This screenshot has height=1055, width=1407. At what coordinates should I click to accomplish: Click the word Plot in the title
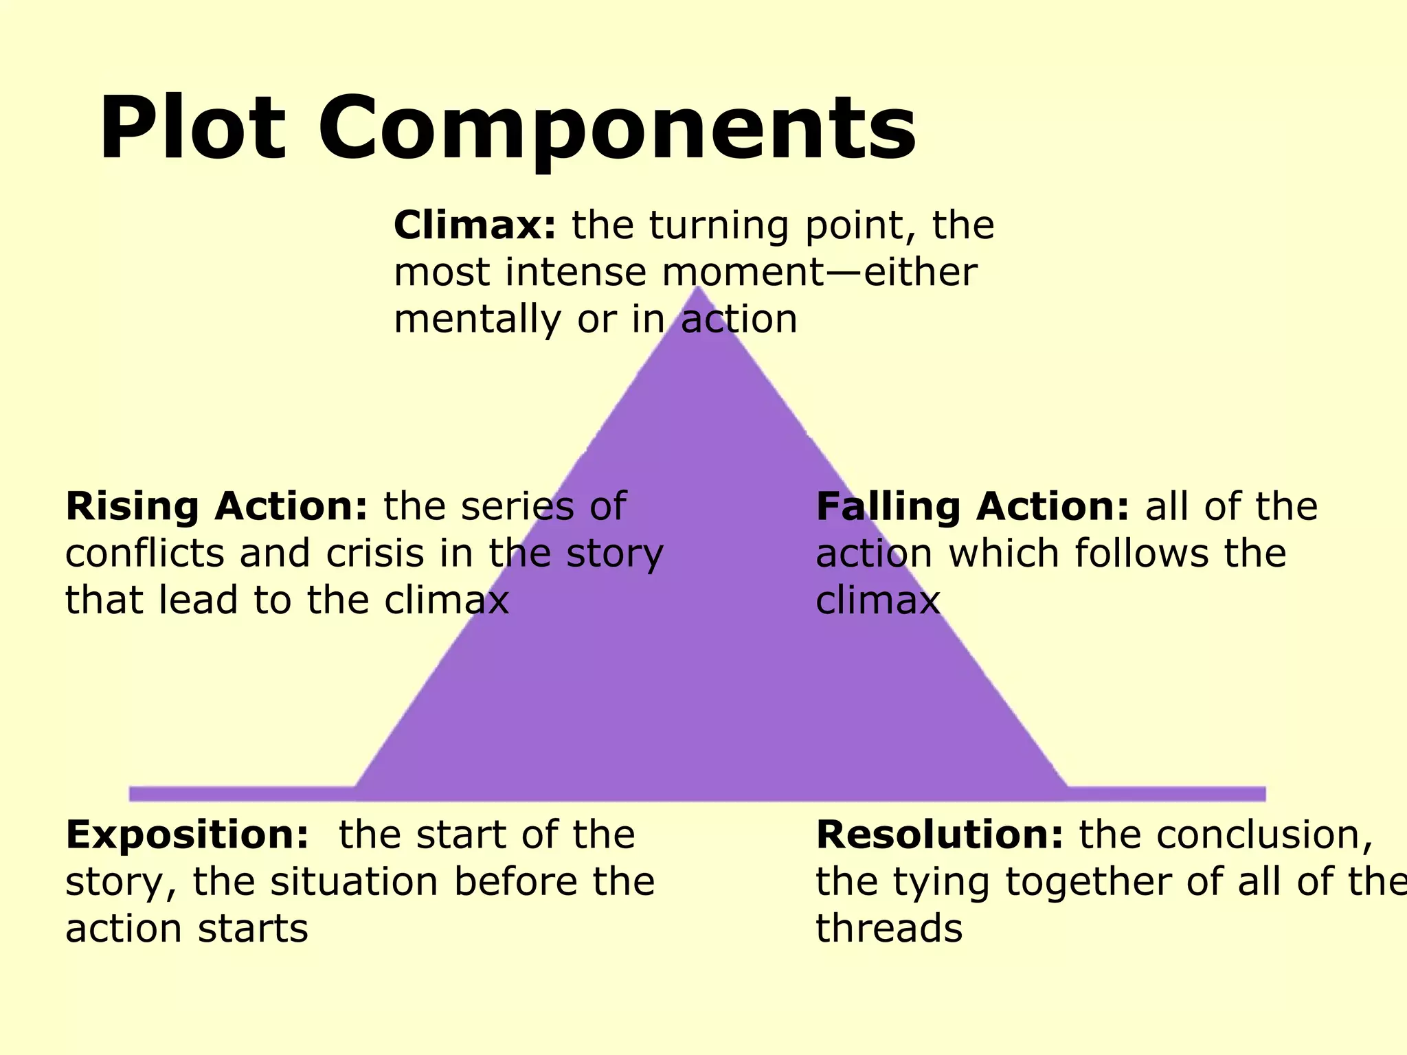pyautogui.click(x=192, y=129)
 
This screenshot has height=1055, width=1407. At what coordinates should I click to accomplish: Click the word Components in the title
pyautogui.click(x=616, y=131)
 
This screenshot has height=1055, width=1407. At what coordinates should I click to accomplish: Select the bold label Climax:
pyautogui.click(x=475, y=225)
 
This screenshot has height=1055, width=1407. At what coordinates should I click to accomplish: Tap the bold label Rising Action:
pyautogui.click(x=216, y=506)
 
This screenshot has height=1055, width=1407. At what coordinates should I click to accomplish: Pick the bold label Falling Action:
pyautogui.click(x=972, y=506)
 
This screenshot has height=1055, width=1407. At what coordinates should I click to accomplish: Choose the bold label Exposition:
pyautogui.click(x=187, y=835)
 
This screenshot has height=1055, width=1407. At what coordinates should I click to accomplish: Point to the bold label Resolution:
pyautogui.click(x=939, y=835)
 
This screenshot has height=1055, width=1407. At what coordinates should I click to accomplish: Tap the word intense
pyautogui.click(x=576, y=272)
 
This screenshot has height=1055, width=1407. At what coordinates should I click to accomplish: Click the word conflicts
pyautogui.click(x=144, y=553)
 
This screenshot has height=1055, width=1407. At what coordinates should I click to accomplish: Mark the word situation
pyautogui.click(x=353, y=882)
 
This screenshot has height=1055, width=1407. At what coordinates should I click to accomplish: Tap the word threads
pyautogui.click(x=889, y=929)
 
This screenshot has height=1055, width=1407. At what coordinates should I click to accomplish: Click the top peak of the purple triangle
pyautogui.click(x=699, y=290)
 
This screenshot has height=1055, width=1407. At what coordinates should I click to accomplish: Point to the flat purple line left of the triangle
pyautogui.click(x=240, y=793)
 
